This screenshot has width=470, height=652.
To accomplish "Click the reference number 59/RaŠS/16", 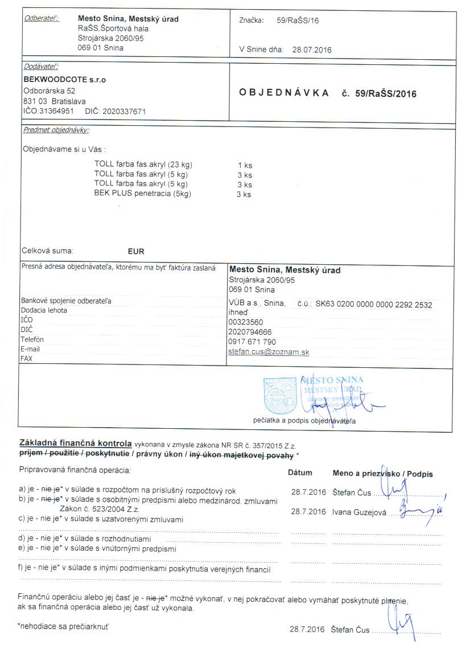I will [x=298, y=20].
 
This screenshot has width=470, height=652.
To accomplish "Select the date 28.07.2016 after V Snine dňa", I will [x=311, y=50].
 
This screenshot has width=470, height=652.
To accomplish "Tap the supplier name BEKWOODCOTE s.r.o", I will [x=64, y=80].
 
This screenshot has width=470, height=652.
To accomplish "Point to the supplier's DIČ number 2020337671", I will [x=123, y=112].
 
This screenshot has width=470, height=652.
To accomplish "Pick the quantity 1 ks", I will [x=245, y=165].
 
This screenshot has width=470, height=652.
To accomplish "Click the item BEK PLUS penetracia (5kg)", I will [x=142, y=194].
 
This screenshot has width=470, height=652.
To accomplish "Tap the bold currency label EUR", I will [x=137, y=251].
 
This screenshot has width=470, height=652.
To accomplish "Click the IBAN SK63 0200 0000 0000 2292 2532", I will [x=374, y=305].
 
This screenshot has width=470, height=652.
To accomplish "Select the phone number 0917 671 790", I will [x=252, y=342].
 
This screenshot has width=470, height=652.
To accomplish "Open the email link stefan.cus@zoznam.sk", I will [x=269, y=352].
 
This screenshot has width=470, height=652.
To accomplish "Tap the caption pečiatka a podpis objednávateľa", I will [x=304, y=421].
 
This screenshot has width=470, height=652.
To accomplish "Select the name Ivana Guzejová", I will [x=358, y=512].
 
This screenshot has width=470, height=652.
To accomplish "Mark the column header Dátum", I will [x=300, y=473].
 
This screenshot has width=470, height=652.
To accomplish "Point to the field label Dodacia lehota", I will [x=44, y=310].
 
